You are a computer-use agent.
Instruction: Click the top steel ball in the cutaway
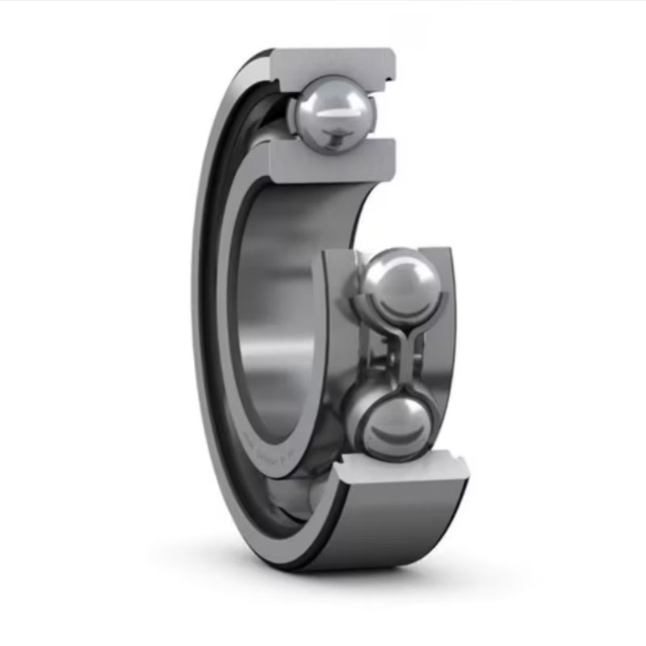click(x=331, y=113)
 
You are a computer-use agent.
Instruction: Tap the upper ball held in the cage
click(x=401, y=285)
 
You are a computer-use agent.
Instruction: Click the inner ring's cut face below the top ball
click(x=331, y=161)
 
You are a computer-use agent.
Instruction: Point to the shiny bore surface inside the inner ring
click(x=275, y=323)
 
